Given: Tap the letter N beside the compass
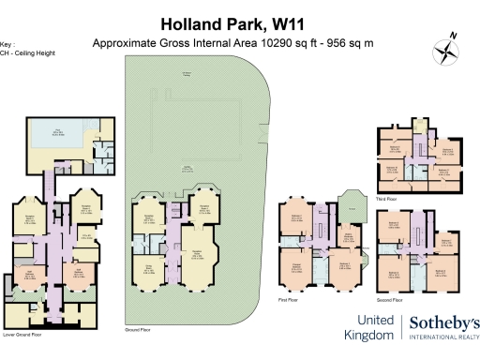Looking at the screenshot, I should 453,35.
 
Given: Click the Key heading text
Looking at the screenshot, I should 9,44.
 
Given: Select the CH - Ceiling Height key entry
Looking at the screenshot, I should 27,52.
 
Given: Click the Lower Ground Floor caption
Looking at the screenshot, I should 23,333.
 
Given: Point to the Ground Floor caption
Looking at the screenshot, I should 138,331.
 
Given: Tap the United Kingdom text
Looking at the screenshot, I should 371,327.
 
